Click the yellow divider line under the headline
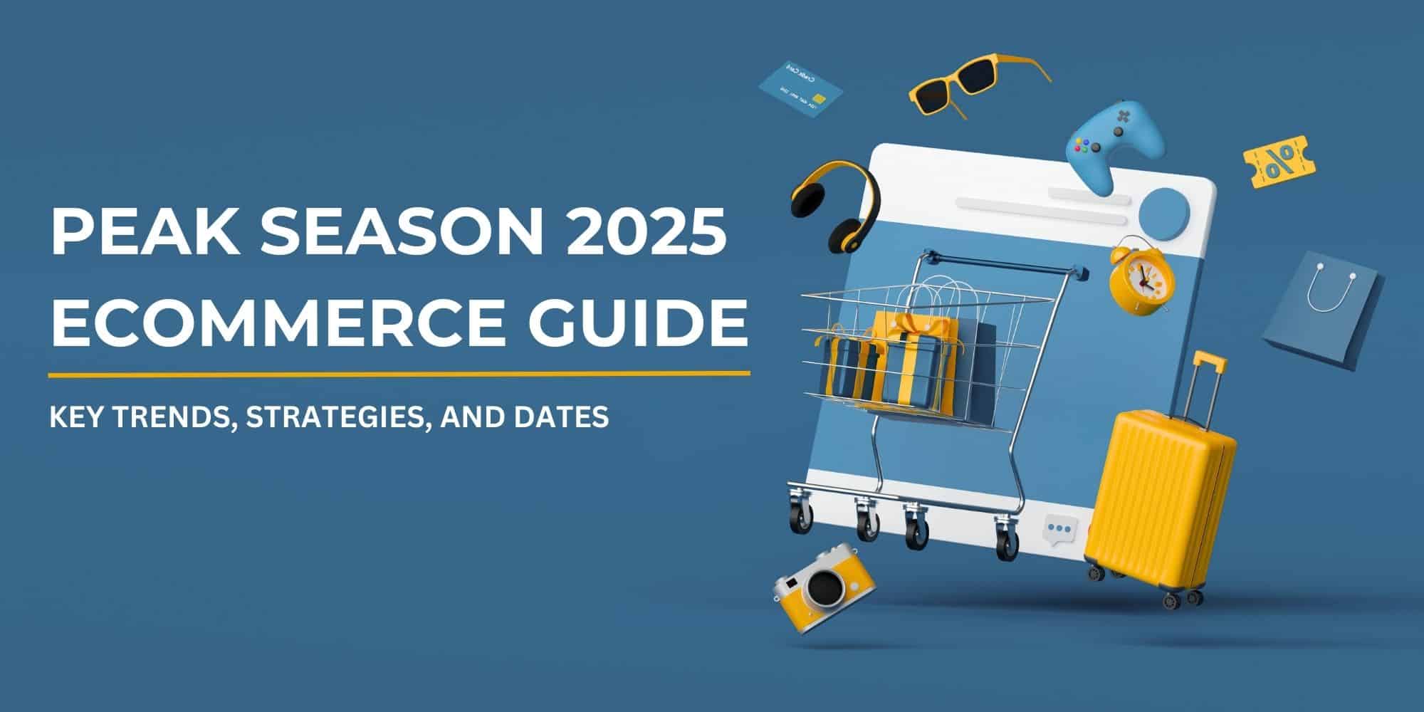(x=399, y=372)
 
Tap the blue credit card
(x=800, y=90)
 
